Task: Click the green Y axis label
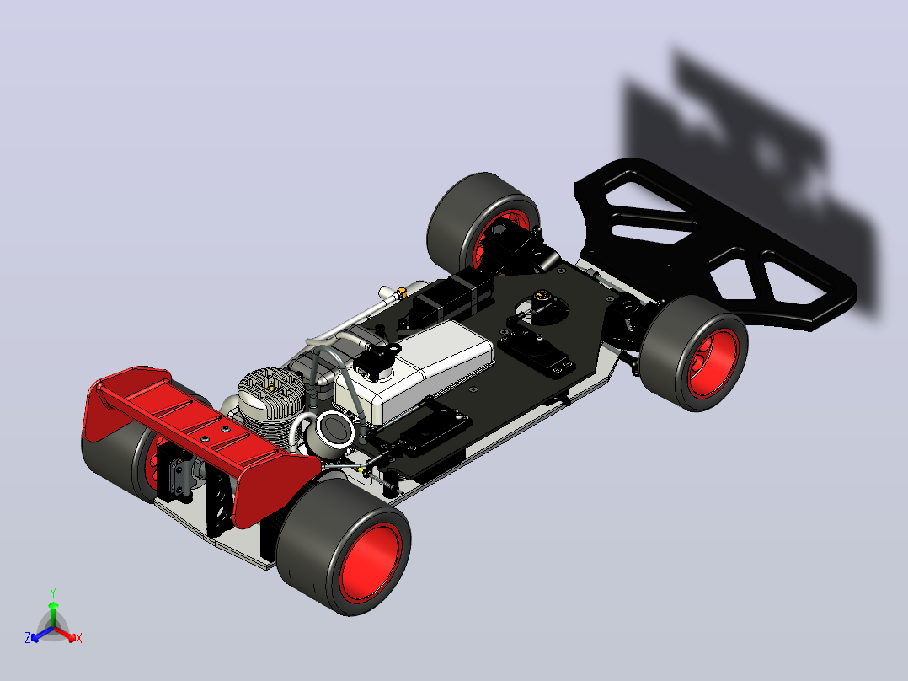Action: pyautogui.click(x=53, y=593)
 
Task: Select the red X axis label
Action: pyautogui.click(x=79, y=638)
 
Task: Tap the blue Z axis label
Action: pyautogui.click(x=28, y=637)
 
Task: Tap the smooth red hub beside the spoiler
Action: pyautogui.click(x=371, y=563)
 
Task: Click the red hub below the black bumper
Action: pyautogui.click(x=713, y=363)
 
